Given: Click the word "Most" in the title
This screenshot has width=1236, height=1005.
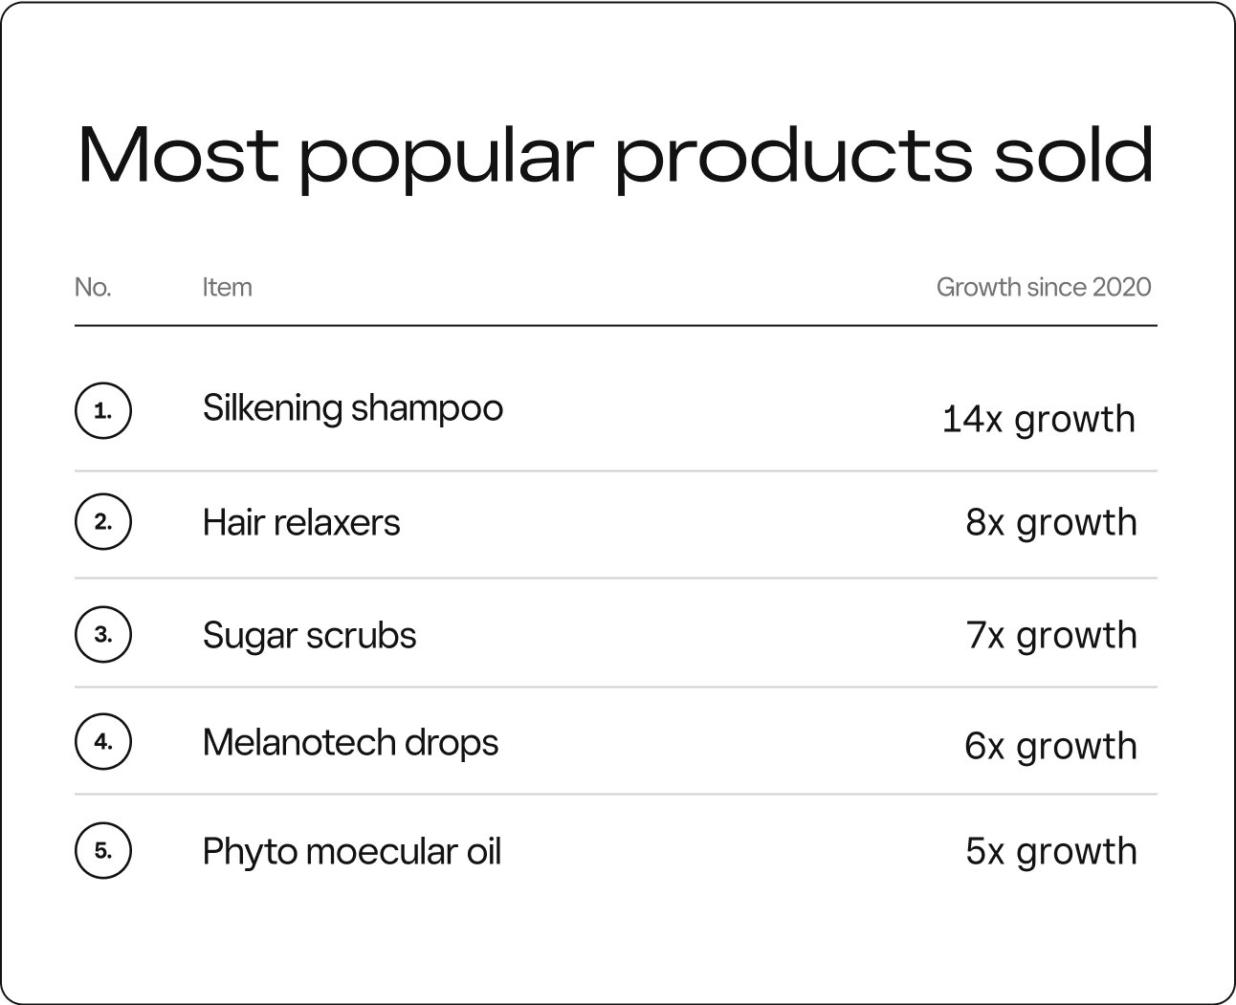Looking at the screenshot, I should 178,155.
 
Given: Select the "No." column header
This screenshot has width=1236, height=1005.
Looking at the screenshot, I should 93,287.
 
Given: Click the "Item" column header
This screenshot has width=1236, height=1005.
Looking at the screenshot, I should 227,287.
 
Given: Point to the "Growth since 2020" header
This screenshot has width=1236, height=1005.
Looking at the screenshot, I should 1043,287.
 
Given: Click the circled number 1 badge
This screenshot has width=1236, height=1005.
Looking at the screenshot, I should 102,412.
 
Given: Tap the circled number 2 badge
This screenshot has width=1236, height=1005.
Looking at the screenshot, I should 102,522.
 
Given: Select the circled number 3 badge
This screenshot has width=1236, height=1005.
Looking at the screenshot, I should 102,634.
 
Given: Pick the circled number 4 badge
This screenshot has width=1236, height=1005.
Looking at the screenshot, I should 102,741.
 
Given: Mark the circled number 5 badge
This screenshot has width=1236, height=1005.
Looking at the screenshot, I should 102,850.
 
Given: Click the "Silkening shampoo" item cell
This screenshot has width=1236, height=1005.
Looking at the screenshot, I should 352,409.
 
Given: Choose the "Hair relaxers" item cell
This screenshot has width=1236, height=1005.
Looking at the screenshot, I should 301,523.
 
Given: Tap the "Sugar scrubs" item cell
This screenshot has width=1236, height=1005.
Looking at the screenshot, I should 309,636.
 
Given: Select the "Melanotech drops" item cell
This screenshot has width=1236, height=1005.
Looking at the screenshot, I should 350,743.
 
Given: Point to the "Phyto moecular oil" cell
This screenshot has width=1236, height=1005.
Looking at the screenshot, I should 351,852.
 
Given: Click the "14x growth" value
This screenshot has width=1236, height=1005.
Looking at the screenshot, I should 1038,420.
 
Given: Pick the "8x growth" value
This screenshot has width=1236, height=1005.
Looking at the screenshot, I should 1050,523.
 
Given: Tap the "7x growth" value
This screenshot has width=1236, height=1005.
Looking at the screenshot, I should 1050,636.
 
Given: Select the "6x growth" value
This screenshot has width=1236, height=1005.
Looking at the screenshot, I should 1050,747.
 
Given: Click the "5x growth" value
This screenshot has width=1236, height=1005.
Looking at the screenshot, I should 1050,852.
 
